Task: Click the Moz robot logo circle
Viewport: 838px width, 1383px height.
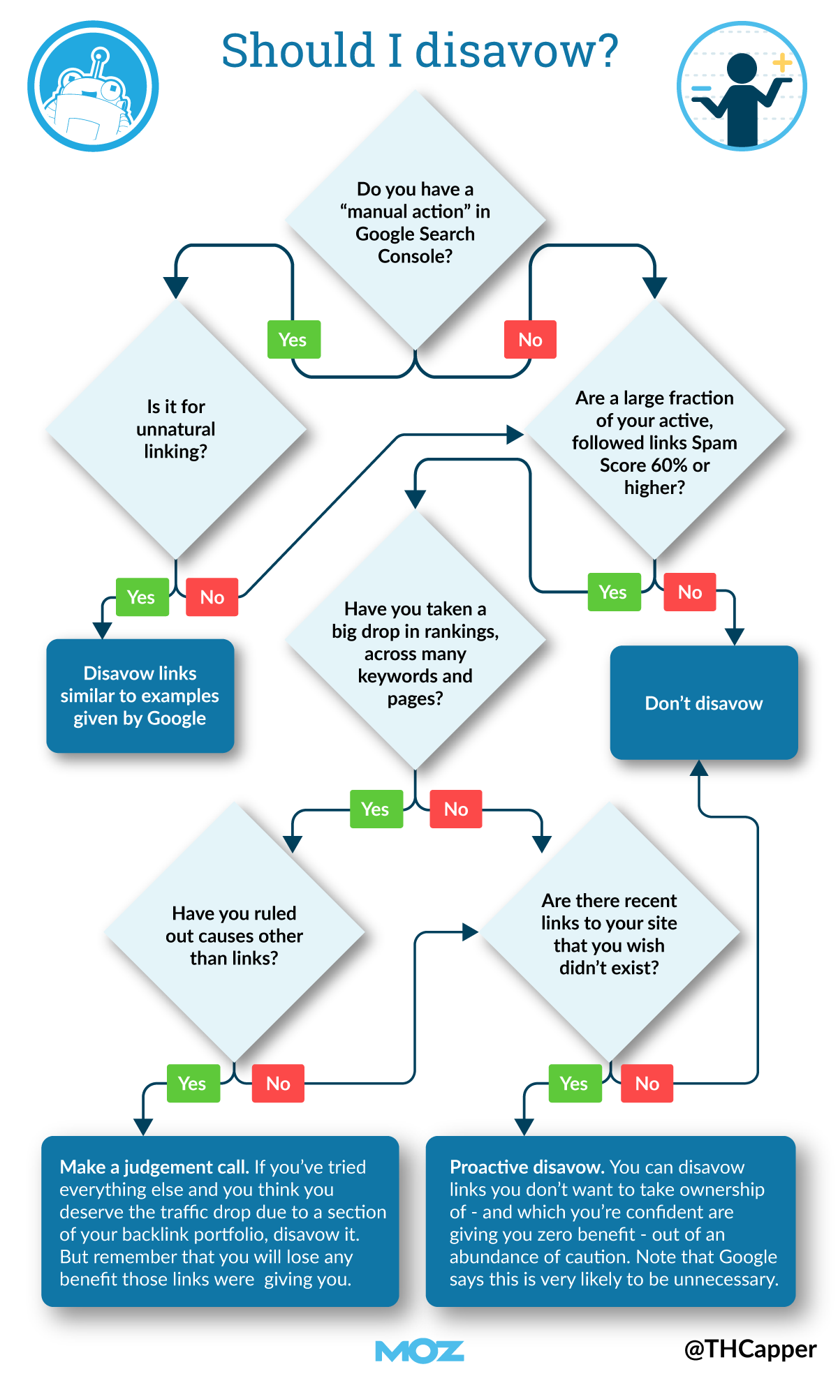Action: click(x=93, y=86)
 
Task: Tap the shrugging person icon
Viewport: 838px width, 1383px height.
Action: click(x=742, y=86)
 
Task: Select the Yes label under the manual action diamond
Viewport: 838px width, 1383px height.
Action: click(x=293, y=340)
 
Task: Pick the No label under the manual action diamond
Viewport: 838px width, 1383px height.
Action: click(x=530, y=340)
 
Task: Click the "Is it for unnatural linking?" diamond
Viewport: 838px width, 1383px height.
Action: click(x=176, y=428)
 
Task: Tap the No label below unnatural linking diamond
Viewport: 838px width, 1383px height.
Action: click(x=212, y=597)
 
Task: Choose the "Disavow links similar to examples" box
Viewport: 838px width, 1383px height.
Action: click(x=140, y=696)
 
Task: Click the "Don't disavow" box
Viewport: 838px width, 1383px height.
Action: click(x=703, y=703)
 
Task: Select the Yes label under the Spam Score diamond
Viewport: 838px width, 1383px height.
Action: click(x=613, y=592)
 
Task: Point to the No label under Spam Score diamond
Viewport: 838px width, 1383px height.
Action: click(x=689, y=592)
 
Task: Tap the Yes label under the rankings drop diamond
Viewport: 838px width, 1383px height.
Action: click(x=376, y=809)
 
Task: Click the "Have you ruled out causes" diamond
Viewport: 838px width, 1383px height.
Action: click(x=234, y=935)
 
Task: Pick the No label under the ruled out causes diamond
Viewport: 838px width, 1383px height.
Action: click(x=278, y=1084)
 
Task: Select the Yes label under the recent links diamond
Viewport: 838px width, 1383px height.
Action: click(x=574, y=1084)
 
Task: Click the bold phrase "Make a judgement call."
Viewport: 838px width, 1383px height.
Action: click(x=154, y=1167)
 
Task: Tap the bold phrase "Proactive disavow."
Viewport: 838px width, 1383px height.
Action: click(x=527, y=1167)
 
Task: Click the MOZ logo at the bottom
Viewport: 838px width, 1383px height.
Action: click(x=419, y=1351)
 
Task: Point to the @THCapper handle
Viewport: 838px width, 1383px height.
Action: click(x=750, y=1350)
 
